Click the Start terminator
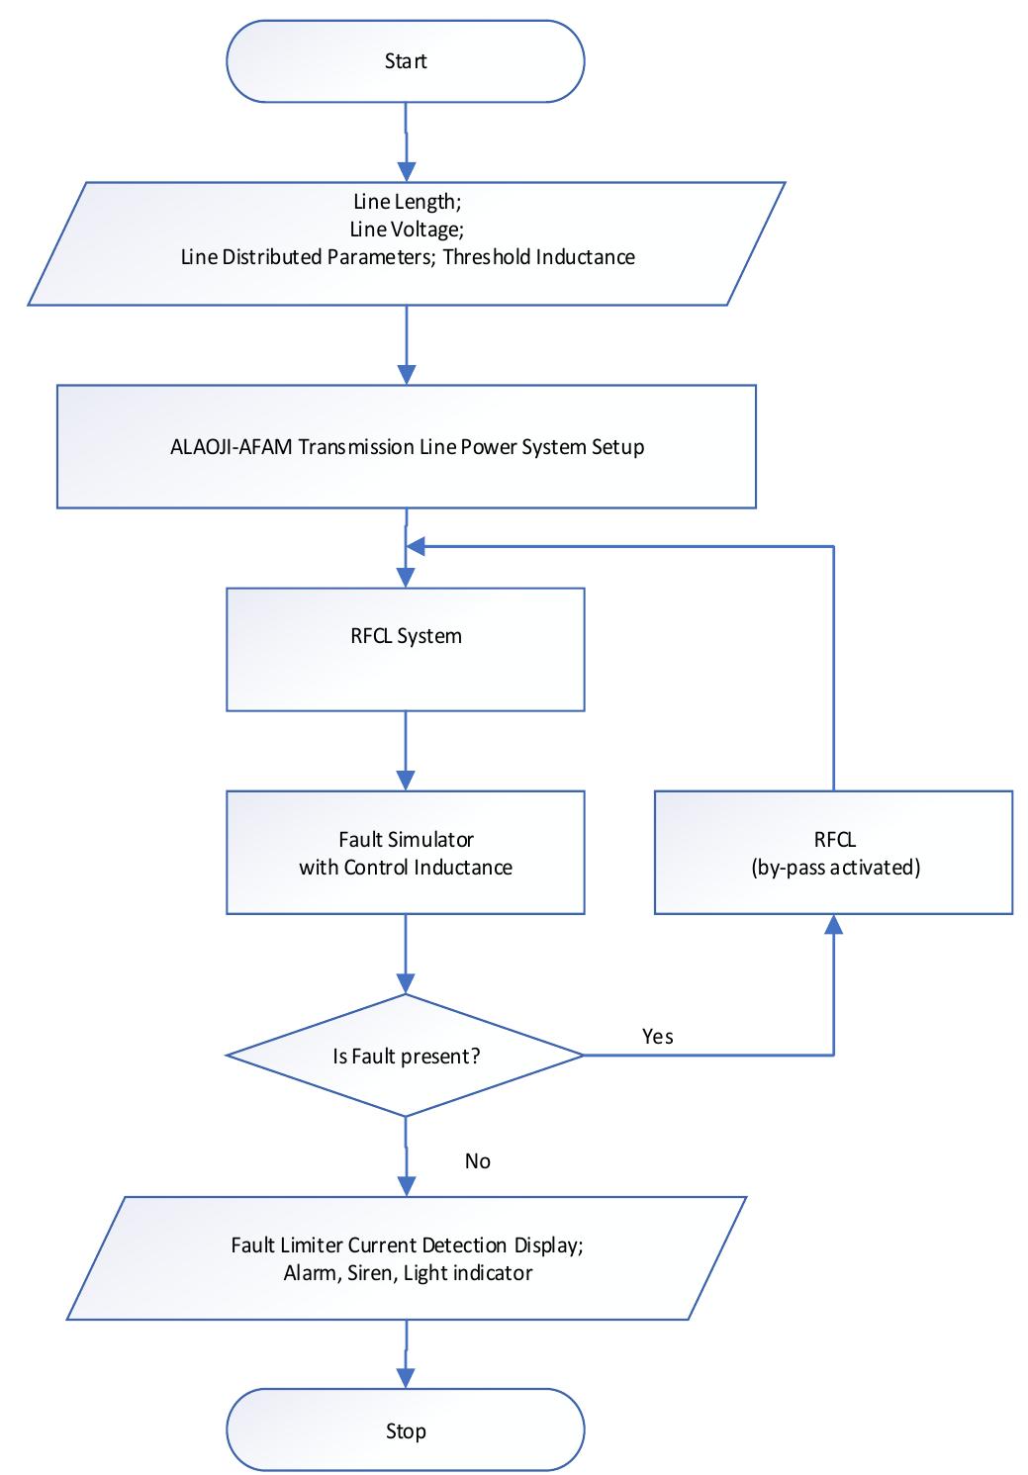click(x=406, y=61)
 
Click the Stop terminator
click(x=406, y=1430)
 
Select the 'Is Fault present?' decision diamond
click(x=406, y=1056)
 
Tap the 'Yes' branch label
click(x=658, y=1036)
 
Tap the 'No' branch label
click(x=477, y=1160)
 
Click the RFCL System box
click(x=406, y=649)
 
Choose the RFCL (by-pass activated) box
click(x=833, y=852)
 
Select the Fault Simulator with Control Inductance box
click(x=406, y=852)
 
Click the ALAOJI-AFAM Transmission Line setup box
click(x=406, y=446)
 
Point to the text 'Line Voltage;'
click(x=406, y=229)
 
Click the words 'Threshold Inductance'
click(x=538, y=257)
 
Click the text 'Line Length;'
click(x=407, y=201)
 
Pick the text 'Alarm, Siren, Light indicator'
click(x=408, y=1272)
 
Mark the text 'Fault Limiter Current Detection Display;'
click(x=407, y=1245)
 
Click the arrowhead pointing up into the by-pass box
click(x=833, y=924)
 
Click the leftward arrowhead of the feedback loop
click(x=417, y=546)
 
